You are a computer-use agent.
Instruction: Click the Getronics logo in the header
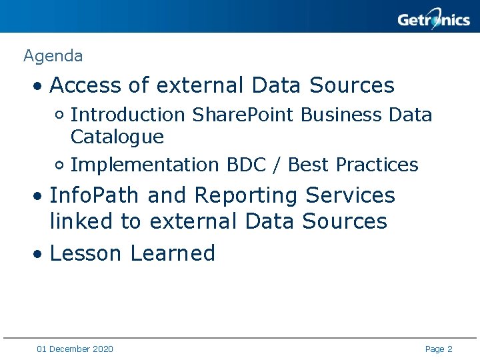pos(433,19)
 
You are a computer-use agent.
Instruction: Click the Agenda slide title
pos(53,56)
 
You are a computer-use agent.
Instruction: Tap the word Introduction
pos(128,115)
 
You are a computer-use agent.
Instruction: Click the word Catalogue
pos(117,137)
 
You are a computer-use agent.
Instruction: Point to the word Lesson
pos(86,253)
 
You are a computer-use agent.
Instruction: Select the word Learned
pos(173,253)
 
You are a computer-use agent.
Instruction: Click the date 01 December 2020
pos(75,349)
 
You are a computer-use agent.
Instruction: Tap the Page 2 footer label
pos(439,349)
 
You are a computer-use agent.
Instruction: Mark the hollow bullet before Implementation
pos(60,165)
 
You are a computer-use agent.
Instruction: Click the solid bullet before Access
pos(39,87)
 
